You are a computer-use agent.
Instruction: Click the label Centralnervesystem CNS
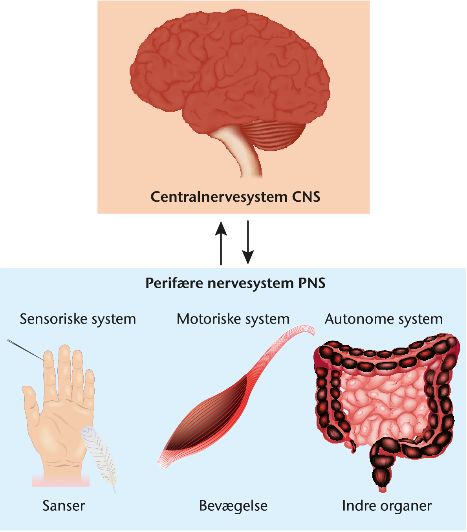pos(235,197)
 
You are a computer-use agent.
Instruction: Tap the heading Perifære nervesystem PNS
pos(235,283)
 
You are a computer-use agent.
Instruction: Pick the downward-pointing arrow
pos(248,242)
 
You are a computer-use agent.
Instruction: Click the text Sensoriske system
pos(78,319)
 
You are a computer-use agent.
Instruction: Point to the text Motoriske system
pos(233,319)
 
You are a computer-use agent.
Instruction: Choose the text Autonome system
pos(384,319)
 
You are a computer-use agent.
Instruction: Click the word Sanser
pos(64,506)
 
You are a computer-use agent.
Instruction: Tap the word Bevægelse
pos(233,506)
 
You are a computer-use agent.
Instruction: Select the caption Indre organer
pos(387,506)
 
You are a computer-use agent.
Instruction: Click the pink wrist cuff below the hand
pos(61,480)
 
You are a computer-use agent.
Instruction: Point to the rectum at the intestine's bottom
pos(381,476)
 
